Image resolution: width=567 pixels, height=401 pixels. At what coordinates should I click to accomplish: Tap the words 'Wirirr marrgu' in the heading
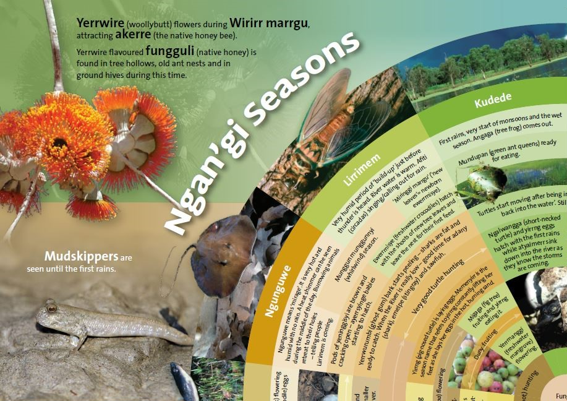pyautogui.click(x=269, y=24)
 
